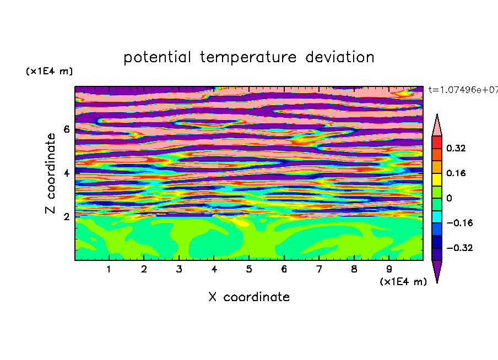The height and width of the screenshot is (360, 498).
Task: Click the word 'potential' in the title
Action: coord(158,58)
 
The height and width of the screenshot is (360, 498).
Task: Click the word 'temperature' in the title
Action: coord(248,58)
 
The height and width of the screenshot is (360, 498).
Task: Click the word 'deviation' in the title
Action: coord(340,57)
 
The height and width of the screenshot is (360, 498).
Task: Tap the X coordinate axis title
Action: coord(249,297)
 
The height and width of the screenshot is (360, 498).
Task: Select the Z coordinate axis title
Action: coord(50,173)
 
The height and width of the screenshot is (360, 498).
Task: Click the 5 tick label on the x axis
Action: coord(249,269)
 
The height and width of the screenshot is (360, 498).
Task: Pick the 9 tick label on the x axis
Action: coord(389,269)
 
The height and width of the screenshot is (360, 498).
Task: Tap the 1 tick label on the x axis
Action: coord(109,269)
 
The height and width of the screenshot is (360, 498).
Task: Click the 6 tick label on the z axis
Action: coord(66,129)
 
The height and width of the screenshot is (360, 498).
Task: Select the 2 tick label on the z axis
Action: coord(66,217)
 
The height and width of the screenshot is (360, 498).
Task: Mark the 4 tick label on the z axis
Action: coord(66,173)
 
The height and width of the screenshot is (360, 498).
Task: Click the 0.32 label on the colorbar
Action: coord(456,148)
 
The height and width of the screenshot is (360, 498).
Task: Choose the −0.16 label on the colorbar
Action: coord(459,223)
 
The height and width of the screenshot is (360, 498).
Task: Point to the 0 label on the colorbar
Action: coord(449,198)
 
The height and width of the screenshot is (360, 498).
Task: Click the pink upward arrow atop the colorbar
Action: coord(437,125)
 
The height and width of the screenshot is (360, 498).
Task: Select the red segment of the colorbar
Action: coord(437,142)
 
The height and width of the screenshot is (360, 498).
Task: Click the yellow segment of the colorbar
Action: coord(437,179)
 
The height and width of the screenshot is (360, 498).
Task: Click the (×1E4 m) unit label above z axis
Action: coord(49,71)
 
